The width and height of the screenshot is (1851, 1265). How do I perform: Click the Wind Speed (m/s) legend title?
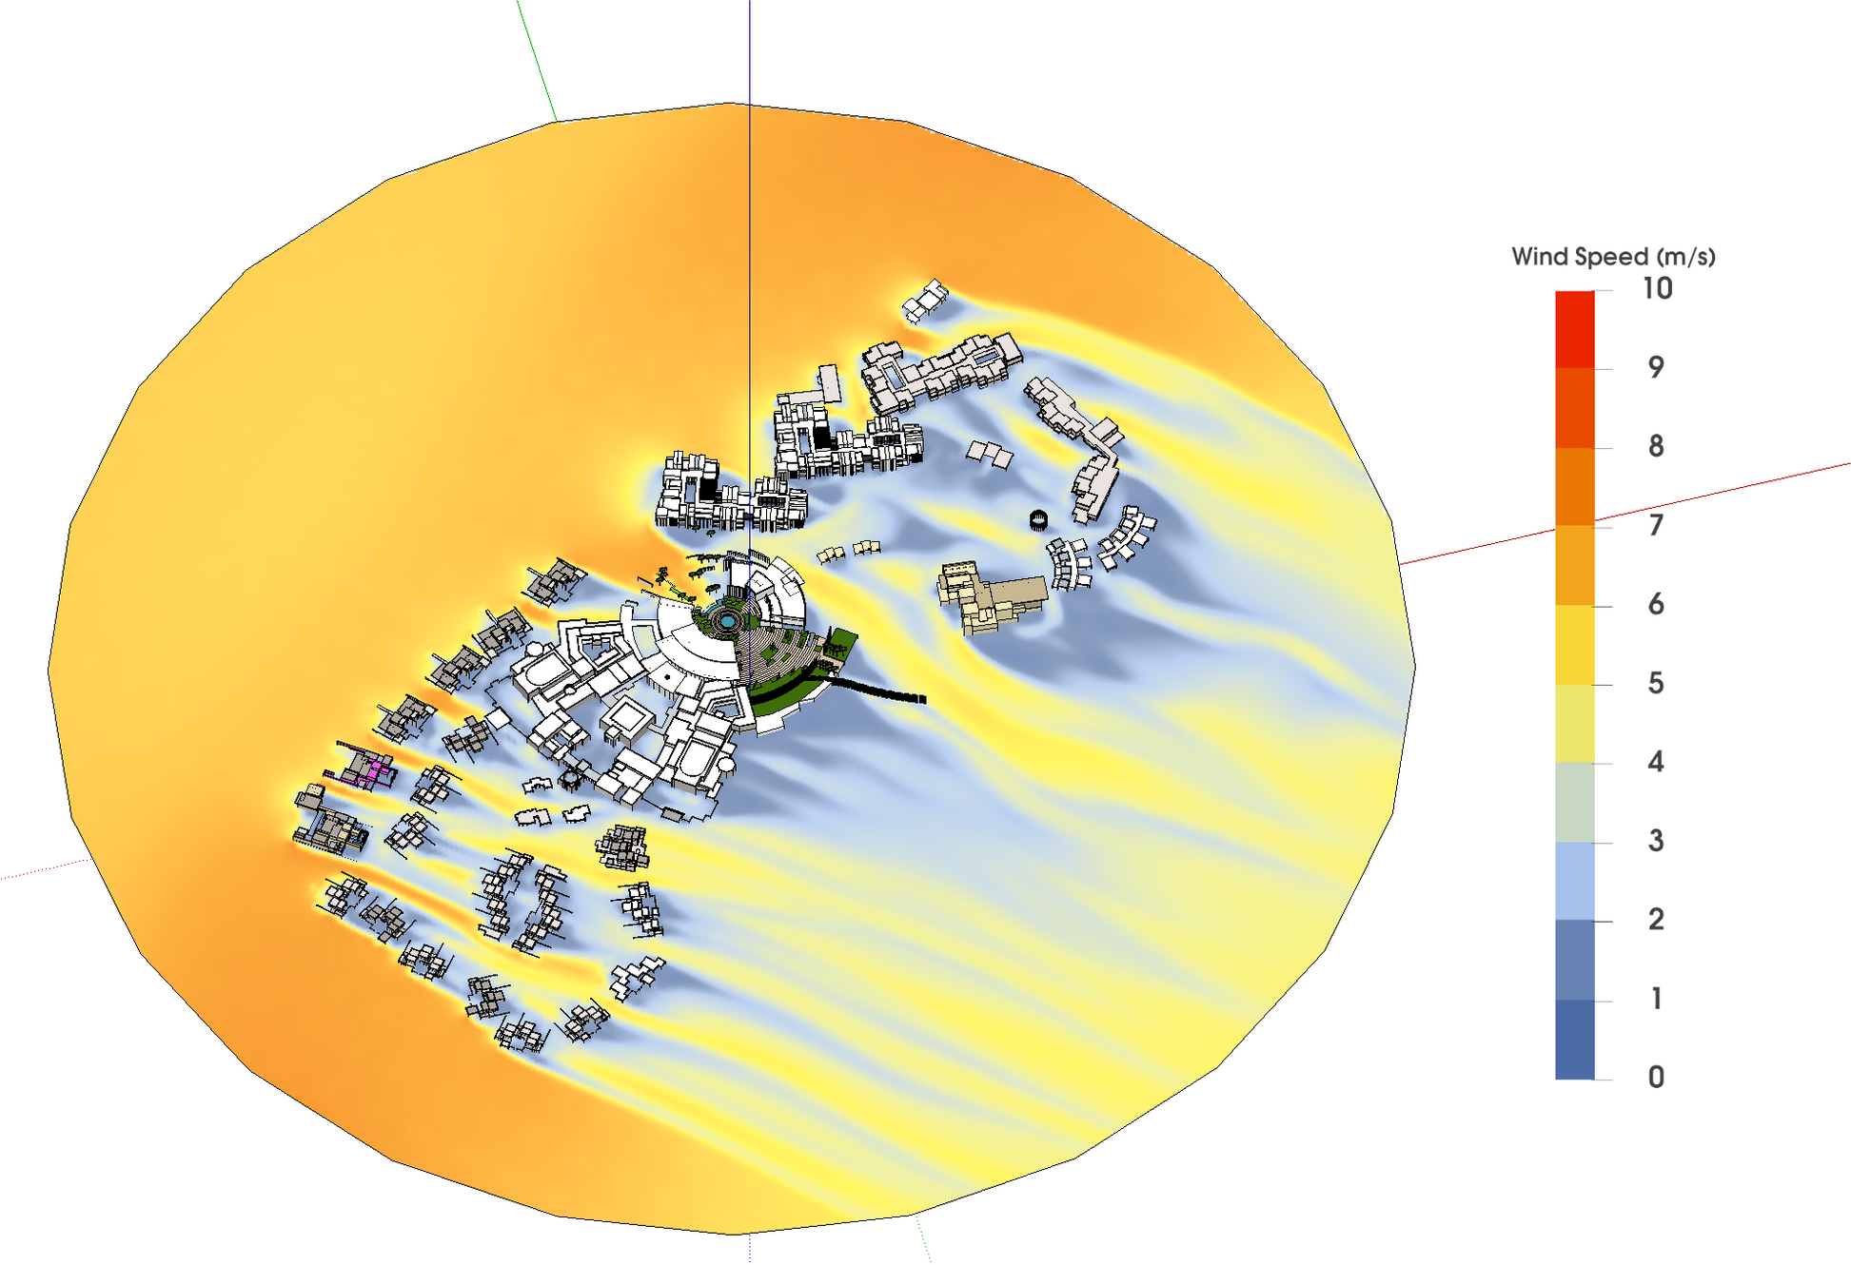[x=1612, y=256]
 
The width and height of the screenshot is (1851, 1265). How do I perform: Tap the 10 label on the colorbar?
[x=1657, y=288]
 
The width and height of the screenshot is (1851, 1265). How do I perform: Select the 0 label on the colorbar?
[x=1656, y=1078]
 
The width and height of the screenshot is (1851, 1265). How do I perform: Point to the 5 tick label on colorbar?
[x=1656, y=683]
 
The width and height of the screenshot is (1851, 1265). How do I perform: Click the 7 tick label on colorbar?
[x=1656, y=525]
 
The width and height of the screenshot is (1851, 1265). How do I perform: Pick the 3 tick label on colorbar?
[x=1656, y=841]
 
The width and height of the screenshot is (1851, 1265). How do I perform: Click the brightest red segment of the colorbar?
[x=1574, y=329]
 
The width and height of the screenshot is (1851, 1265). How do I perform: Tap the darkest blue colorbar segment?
[x=1574, y=1040]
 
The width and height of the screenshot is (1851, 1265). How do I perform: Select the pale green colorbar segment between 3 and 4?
[x=1574, y=803]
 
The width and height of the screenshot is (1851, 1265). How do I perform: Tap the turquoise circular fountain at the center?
[x=728, y=620]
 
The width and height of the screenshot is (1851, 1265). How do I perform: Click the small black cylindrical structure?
[x=1038, y=519]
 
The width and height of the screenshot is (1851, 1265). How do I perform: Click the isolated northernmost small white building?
[x=925, y=301]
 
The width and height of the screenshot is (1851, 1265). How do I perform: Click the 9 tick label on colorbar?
[x=1656, y=367]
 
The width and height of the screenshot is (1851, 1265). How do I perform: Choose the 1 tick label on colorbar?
[x=1656, y=999]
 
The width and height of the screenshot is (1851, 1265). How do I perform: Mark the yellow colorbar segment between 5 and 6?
[x=1574, y=645]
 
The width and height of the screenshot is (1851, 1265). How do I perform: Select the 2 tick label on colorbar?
[x=1656, y=920]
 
